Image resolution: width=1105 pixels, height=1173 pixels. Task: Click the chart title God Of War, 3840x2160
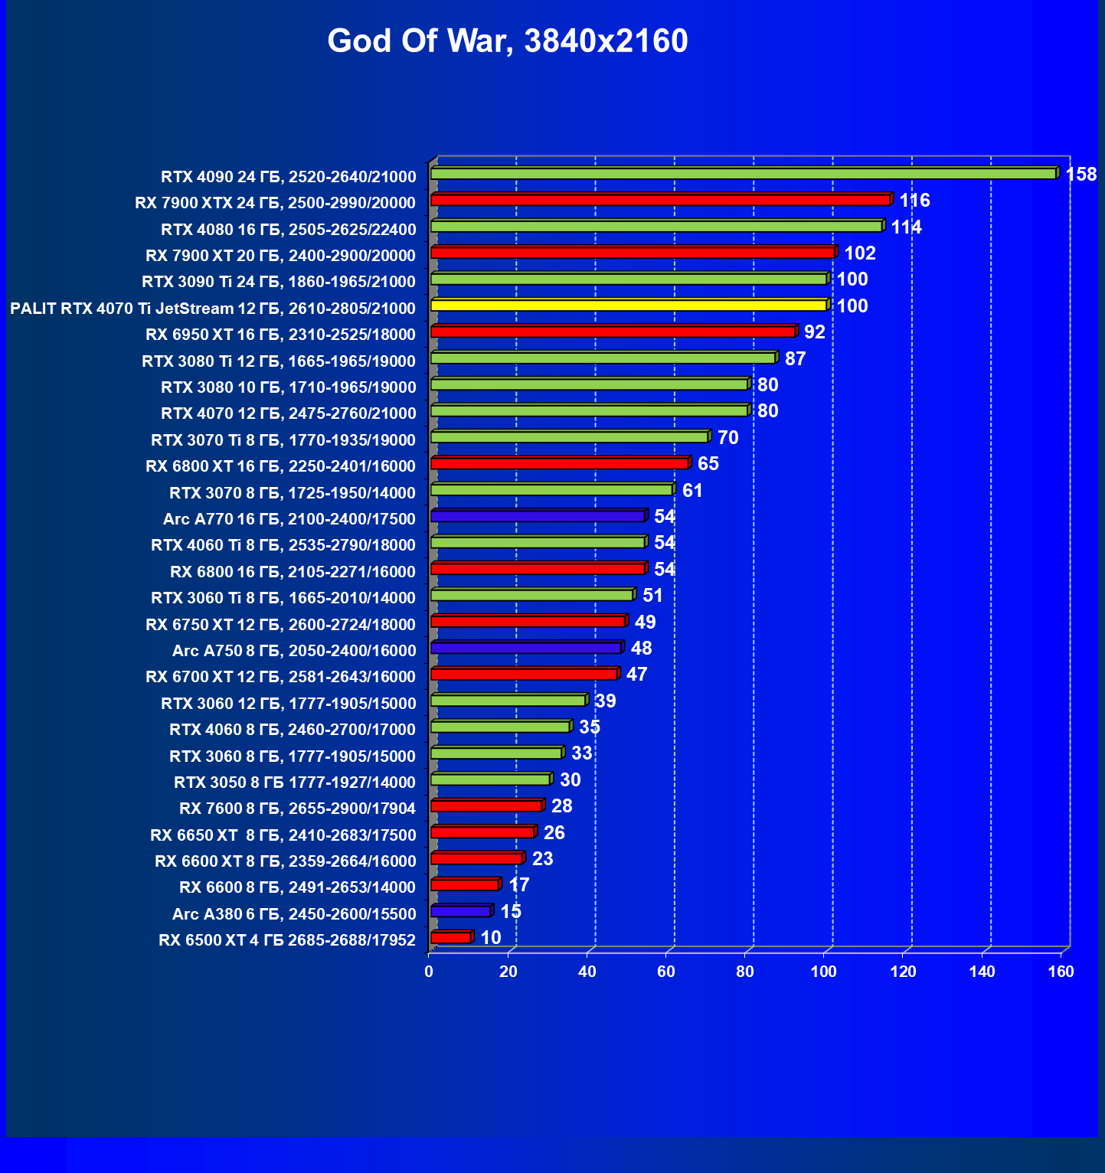[x=508, y=41]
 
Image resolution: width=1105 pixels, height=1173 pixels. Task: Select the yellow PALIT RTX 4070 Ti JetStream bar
[x=629, y=306]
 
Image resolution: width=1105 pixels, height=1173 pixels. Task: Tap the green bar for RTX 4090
[x=743, y=174]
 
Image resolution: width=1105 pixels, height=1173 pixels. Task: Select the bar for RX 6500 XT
[x=451, y=938]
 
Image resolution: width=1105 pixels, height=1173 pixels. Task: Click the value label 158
[x=1080, y=175]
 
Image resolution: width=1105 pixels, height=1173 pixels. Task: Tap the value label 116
[x=914, y=201]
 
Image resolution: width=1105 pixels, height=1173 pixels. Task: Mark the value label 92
[x=815, y=332]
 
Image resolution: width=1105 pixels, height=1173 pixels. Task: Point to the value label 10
[x=491, y=938]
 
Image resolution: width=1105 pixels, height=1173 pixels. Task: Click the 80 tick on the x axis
[x=745, y=972]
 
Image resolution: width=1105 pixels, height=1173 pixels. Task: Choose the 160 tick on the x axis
[x=1061, y=972]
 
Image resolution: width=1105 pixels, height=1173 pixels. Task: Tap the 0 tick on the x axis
[x=429, y=972]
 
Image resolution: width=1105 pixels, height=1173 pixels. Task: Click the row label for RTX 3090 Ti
[x=279, y=282]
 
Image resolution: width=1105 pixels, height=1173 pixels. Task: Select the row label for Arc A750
[x=294, y=651]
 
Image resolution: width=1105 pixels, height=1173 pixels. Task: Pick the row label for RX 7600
[x=297, y=809]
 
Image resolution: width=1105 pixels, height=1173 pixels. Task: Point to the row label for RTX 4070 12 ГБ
[x=289, y=413]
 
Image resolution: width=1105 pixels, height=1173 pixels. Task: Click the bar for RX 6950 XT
[x=613, y=332]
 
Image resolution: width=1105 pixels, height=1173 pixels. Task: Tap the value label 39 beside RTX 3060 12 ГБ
[x=605, y=701]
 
